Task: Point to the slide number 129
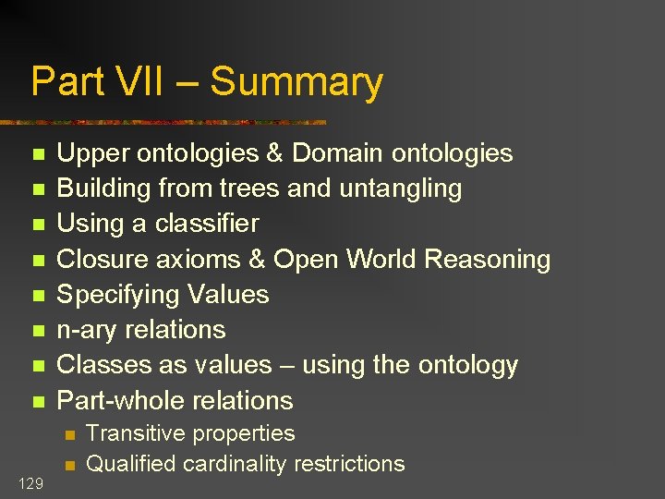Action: pyautogui.click(x=30, y=482)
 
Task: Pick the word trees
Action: pyautogui.click(x=250, y=188)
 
